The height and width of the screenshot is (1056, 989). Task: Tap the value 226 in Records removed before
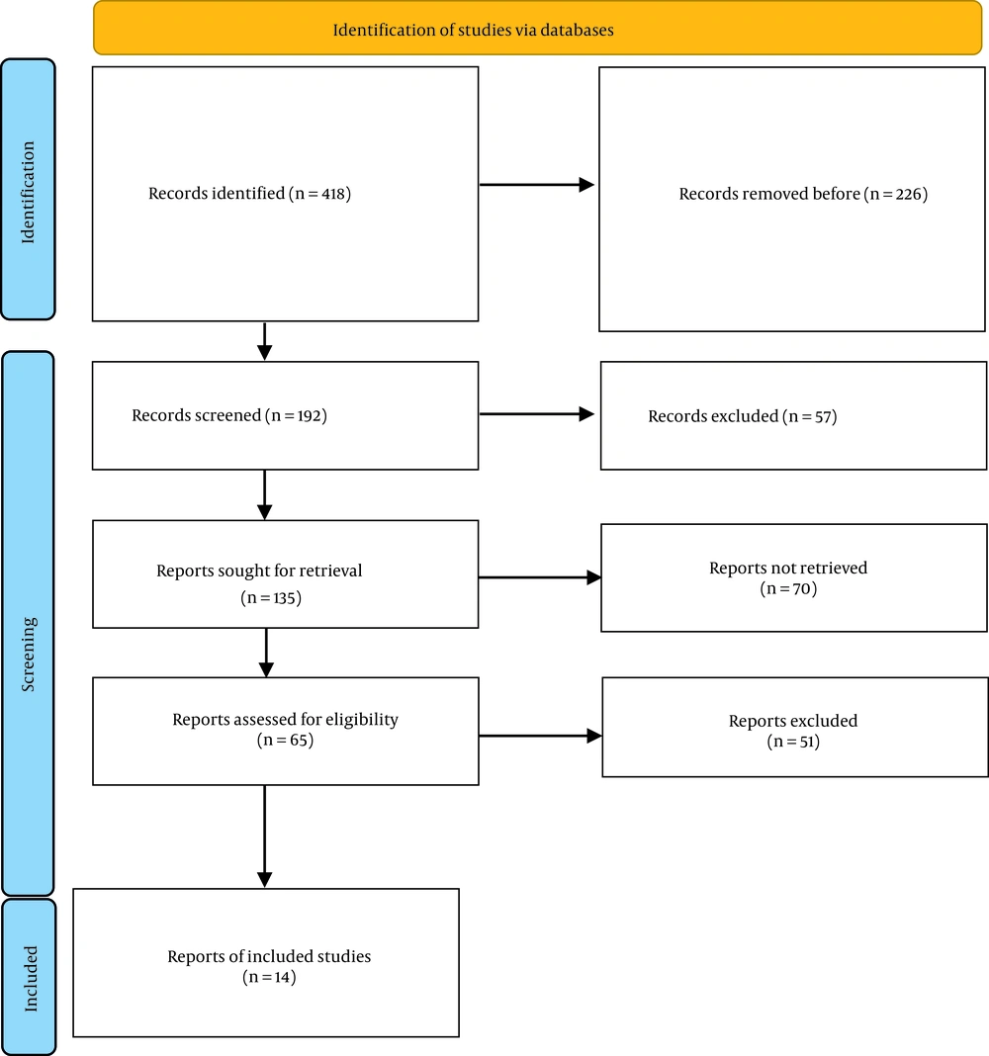(909, 194)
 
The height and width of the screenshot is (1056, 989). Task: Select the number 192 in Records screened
(310, 415)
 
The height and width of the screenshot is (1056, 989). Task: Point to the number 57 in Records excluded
(823, 417)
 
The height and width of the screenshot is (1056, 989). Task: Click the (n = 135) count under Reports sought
(271, 597)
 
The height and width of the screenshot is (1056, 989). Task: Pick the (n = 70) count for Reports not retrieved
(788, 588)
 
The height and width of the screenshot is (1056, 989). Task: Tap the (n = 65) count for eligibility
(285, 741)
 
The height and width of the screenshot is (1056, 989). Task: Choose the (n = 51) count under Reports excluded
(793, 742)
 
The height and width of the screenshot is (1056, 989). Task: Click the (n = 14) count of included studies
(269, 977)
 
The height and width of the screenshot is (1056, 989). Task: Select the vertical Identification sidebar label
(28, 193)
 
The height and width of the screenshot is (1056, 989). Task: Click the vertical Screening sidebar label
(28, 655)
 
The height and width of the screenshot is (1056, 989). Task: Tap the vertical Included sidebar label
(31, 979)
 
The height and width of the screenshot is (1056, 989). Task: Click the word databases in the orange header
(577, 31)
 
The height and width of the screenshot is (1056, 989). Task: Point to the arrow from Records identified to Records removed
(537, 185)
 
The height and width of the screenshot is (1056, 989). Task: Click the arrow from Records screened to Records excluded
(537, 414)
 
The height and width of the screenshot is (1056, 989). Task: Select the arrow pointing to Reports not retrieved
(540, 577)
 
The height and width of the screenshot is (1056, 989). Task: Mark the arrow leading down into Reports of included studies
(265, 836)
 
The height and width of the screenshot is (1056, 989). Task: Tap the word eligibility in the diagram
(362, 720)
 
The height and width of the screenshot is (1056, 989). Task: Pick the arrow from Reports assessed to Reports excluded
(540, 736)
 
